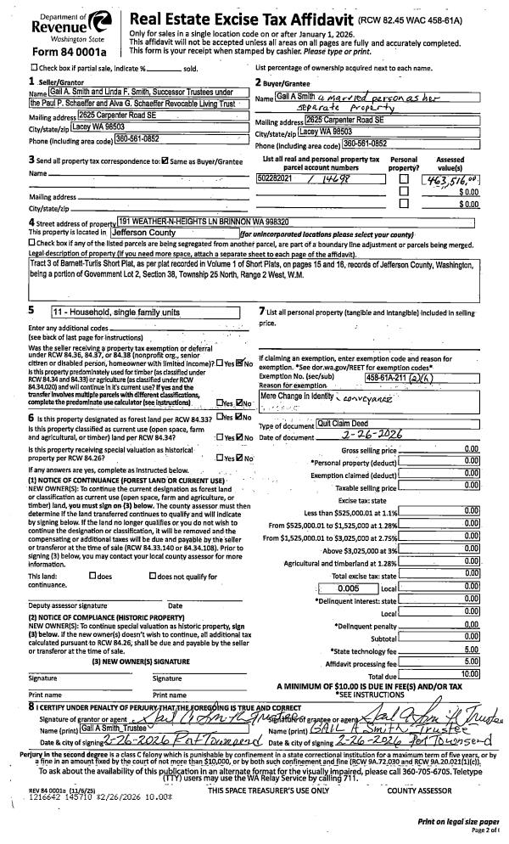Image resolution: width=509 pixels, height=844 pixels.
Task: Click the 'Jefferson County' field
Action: click(173, 232)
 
